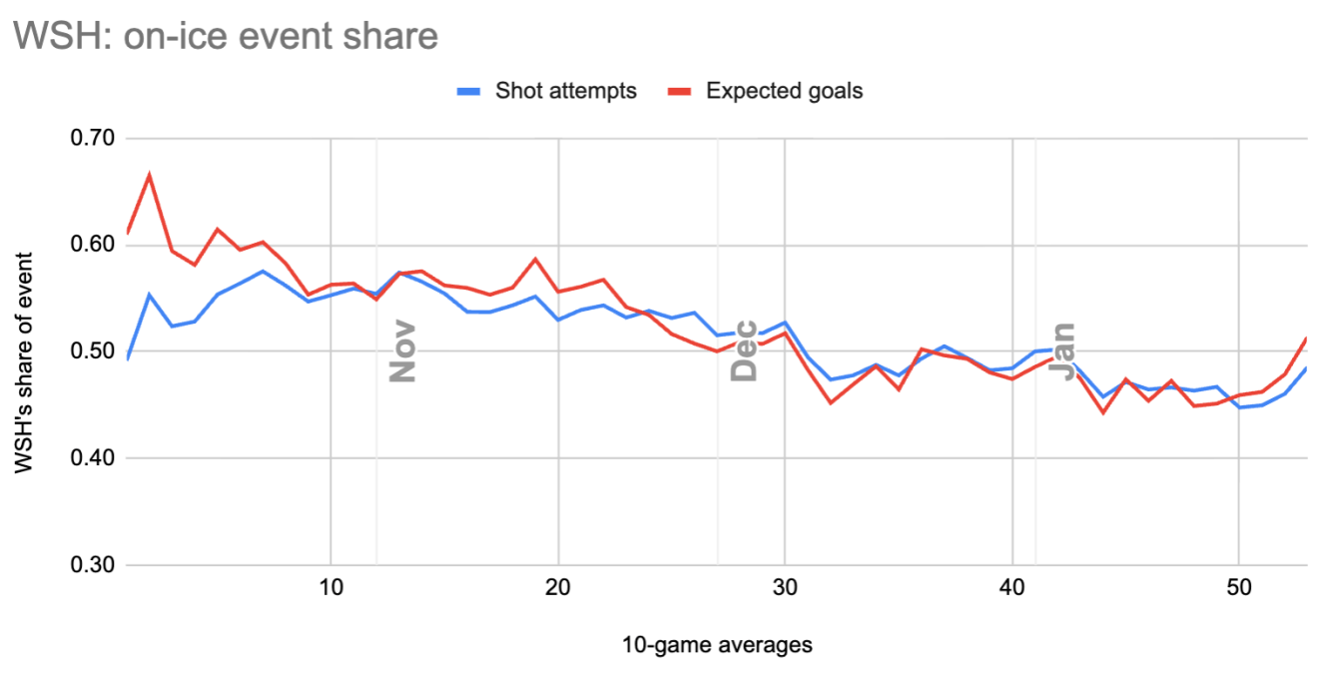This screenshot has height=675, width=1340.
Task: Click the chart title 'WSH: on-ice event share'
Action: click(x=226, y=36)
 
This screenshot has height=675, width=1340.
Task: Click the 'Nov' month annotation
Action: click(x=401, y=351)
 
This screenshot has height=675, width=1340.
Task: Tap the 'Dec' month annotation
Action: click(x=744, y=351)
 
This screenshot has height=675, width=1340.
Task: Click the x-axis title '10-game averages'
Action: click(x=716, y=645)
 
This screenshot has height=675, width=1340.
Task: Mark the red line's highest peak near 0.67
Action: click(x=149, y=175)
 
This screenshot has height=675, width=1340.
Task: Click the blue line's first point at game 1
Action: click(x=127, y=358)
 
